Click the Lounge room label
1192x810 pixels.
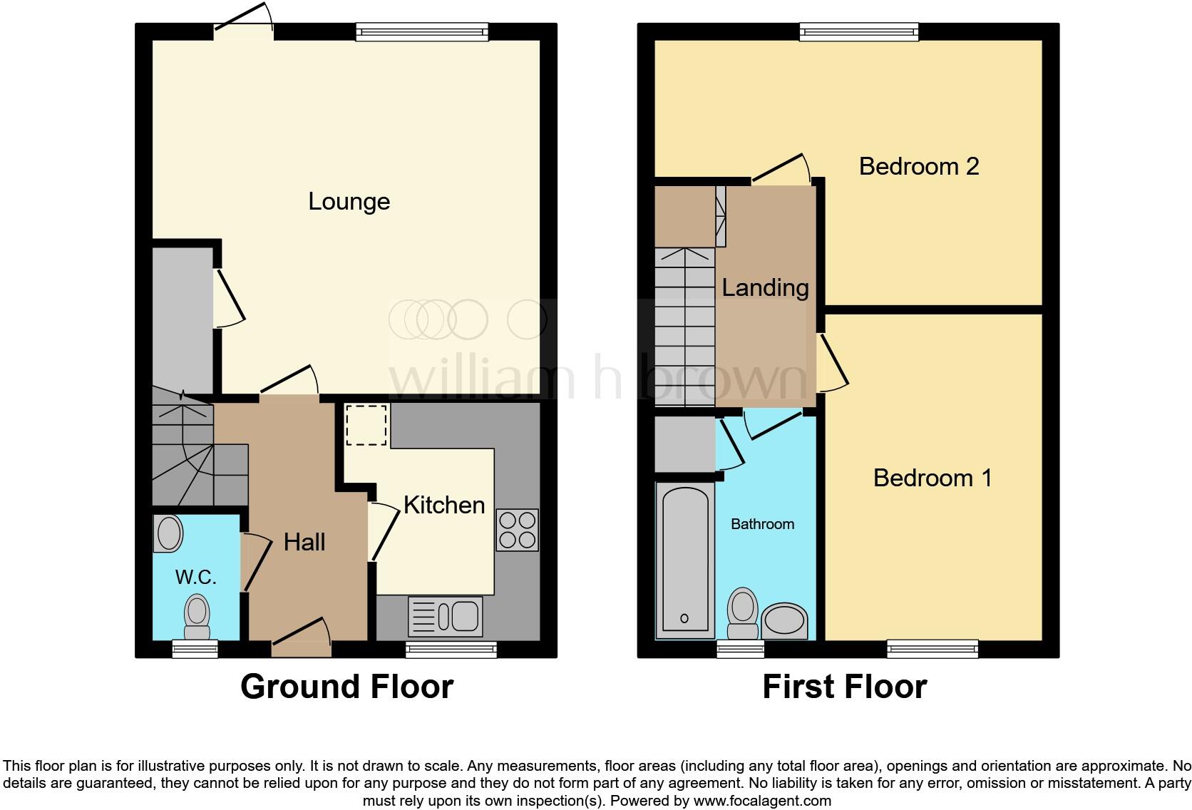pyautogui.click(x=349, y=202)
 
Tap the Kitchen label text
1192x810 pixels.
pyautogui.click(x=443, y=505)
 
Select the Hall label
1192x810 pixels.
pyautogui.click(x=304, y=542)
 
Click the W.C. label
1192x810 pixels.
pyautogui.click(x=195, y=577)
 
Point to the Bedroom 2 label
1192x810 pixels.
pyautogui.click(x=918, y=166)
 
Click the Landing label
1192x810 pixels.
pyautogui.click(x=765, y=288)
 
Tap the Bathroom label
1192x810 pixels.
pyautogui.click(x=762, y=524)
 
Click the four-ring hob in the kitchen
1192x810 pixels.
pyautogui.click(x=518, y=530)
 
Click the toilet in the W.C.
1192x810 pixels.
pyautogui.click(x=197, y=617)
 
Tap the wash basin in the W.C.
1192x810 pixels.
pyautogui.click(x=169, y=533)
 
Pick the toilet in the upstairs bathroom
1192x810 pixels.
pyautogui.click(x=743, y=612)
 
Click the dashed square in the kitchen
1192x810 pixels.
pyautogui.click(x=366, y=425)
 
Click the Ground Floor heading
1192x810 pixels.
pyautogui.click(x=346, y=687)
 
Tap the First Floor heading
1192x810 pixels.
pyautogui.click(x=844, y=687)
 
